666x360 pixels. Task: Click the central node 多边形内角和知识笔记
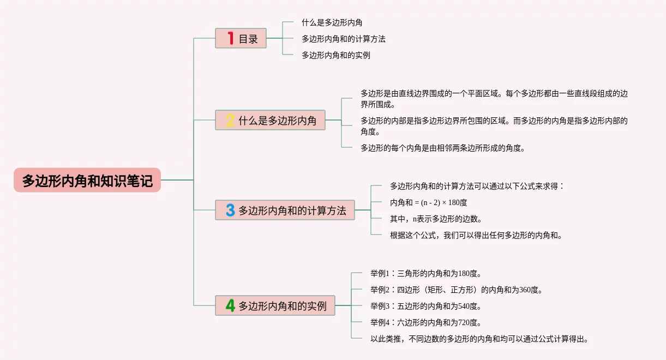tap(87, 180)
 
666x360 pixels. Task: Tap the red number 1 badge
tap(231, 38)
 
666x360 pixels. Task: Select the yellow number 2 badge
tap(230, 120)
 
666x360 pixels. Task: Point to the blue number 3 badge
tap(230, 210)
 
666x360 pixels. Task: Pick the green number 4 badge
tap(230, 305)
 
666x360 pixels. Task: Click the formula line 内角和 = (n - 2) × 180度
tap(428, 202)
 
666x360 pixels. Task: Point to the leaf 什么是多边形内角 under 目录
tap(332, 22)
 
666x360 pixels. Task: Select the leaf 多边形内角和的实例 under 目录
tap(336, 55)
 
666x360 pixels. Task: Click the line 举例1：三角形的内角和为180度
tap(425, 273)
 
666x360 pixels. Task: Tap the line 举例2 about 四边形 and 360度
tap(456, 290)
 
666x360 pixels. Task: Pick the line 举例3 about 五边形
tap(425, 306)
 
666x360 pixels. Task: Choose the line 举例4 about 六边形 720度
tap(425, 322)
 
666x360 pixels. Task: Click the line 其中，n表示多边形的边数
tap(436, 219)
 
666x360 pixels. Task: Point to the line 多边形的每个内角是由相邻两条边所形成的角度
tap(442, 147)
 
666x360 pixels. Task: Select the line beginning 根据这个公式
tap(476, 235)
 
